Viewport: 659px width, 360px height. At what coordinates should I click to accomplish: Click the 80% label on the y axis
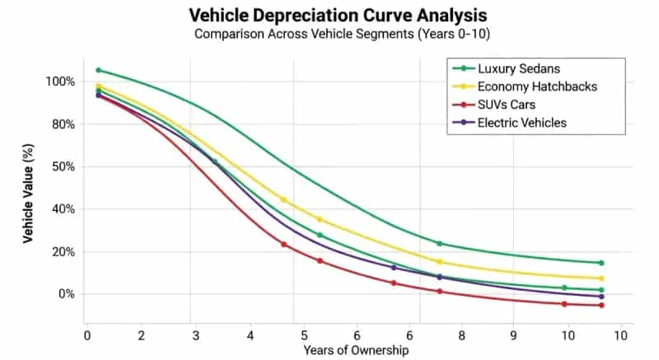click(x=63, y=124)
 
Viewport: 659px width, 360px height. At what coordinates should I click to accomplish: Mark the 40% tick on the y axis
click(x=63, y=209)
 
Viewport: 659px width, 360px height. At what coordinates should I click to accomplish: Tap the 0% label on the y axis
click(x=66, y=294)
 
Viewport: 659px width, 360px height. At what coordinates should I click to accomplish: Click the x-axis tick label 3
click(x=195, y=335)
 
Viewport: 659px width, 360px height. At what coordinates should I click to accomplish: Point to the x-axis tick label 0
click(x=87, y=335)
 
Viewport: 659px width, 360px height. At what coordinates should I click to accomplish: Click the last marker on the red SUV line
click(x=601, y=306)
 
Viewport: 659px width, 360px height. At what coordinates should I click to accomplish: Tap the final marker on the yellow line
click(x=601, y=278)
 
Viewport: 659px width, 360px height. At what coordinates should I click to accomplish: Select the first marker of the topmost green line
click(x=99, y=70)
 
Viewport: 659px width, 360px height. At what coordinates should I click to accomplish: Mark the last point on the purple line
click(x=601, y=297)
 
